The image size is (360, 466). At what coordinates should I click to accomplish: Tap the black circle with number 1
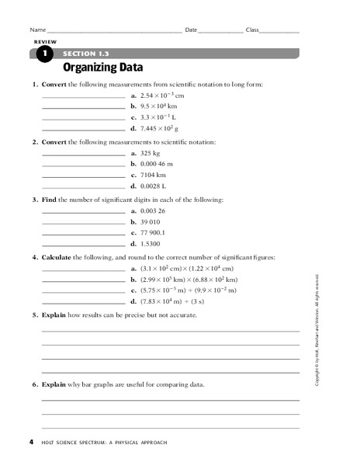click(x=43, y=54)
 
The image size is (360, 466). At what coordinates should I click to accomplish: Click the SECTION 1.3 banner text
click(x=85, y=53)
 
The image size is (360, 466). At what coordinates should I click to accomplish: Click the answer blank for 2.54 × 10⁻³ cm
click(x=83, y=95)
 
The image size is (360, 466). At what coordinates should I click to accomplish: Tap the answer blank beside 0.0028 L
click(x=83, y=187)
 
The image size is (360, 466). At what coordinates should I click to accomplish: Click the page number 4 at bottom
click(x=31, y=443)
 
